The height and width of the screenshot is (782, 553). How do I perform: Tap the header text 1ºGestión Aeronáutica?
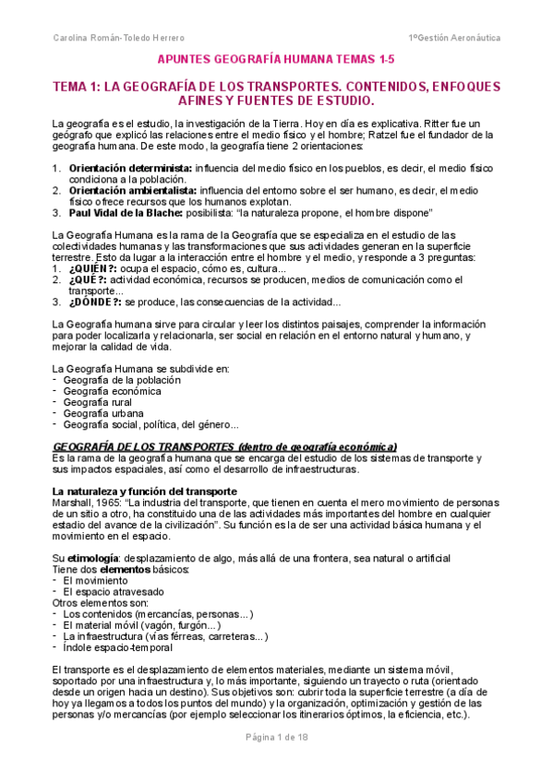pyautogui.click(x=455, y=39)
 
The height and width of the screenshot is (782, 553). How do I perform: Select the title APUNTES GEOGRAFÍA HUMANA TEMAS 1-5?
pyautogui.click(x=276, y=59)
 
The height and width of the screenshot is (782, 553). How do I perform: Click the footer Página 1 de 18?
pyautogui.click(x=276, y=764)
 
